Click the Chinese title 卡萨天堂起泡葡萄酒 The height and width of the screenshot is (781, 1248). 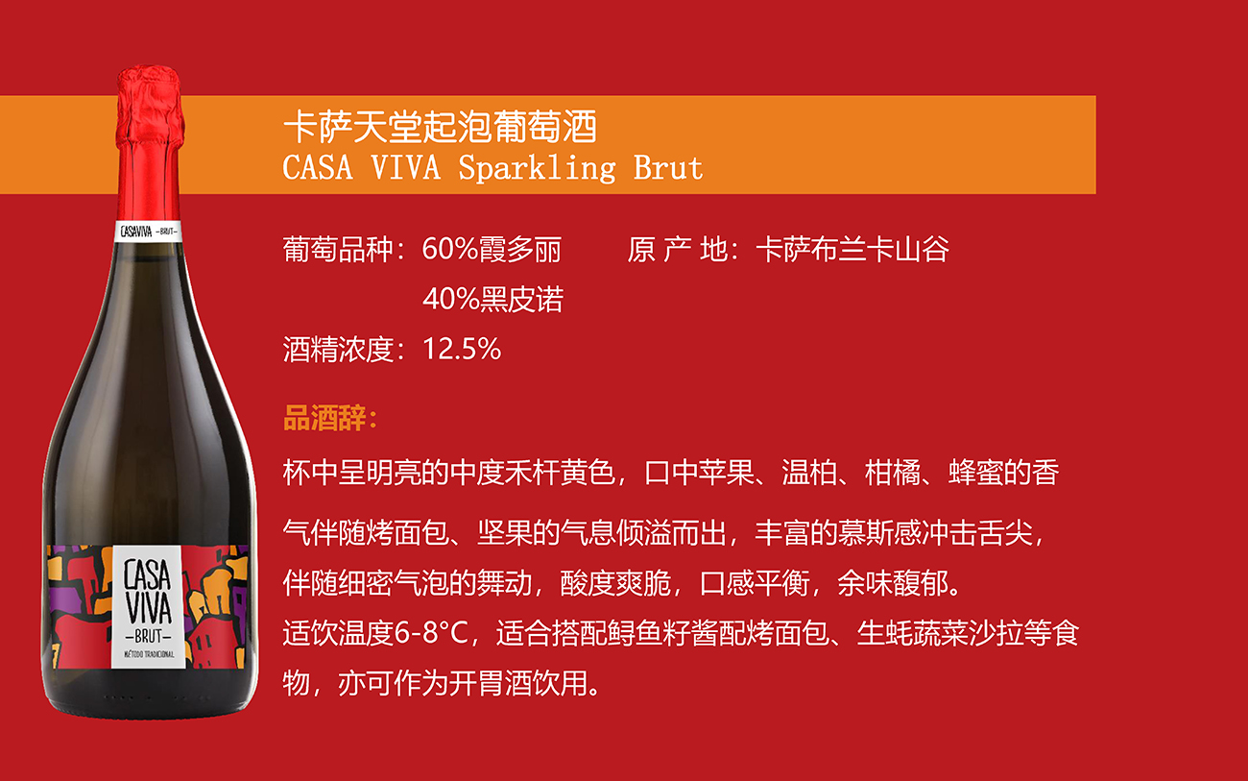pyautogui.click(x=440, y=127)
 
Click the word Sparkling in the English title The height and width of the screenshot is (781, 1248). pyautogui.click(x=537, y=168)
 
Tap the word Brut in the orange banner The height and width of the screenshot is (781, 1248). pyautogui.click(x=668, y=167)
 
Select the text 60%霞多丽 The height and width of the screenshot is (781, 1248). pyautogui.click(x=492, y=249)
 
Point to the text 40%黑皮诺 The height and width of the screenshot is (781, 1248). pyautogui.click(x=493, y=299)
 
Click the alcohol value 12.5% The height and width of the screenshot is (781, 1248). pyautogui.click(x=462, y=349)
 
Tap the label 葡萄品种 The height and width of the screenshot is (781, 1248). pyautogui.click(x=338, y=249)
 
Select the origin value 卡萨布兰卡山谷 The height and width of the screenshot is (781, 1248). pyautogui.click(x=852, y=249)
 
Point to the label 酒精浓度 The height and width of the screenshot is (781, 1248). pyautogui.click(x=338, y=349)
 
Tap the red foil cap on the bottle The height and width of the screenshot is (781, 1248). pyautogui.click(x=150, y=144)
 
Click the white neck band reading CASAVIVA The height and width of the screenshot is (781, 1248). pyautogui.click(x=148, y=232)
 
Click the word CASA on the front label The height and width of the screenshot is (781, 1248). pyautogui.click(x=147, y=574)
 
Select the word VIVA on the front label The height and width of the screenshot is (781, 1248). pyautogui.click(x=148, y=608)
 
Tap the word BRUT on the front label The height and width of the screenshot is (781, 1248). pyautogui.click(x=148, y=636)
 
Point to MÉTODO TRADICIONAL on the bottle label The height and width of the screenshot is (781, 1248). pyautogui.click(x=149, y=654)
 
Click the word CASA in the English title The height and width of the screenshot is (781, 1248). pyautogui.click(x=318, y=167)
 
